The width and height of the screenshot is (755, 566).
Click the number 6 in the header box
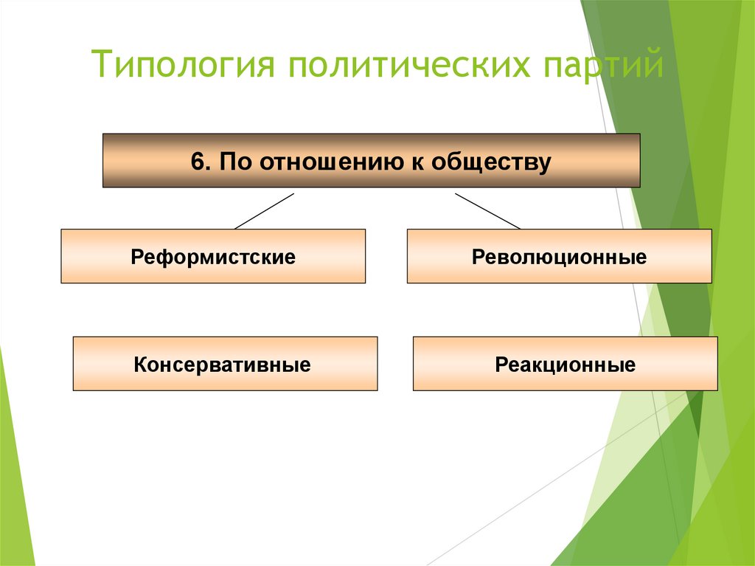196,162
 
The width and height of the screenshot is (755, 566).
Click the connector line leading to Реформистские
264,211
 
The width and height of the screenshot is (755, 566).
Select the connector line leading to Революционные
487,211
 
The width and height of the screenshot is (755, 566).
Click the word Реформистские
213,258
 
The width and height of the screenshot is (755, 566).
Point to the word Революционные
559,258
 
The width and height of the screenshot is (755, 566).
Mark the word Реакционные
565,365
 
